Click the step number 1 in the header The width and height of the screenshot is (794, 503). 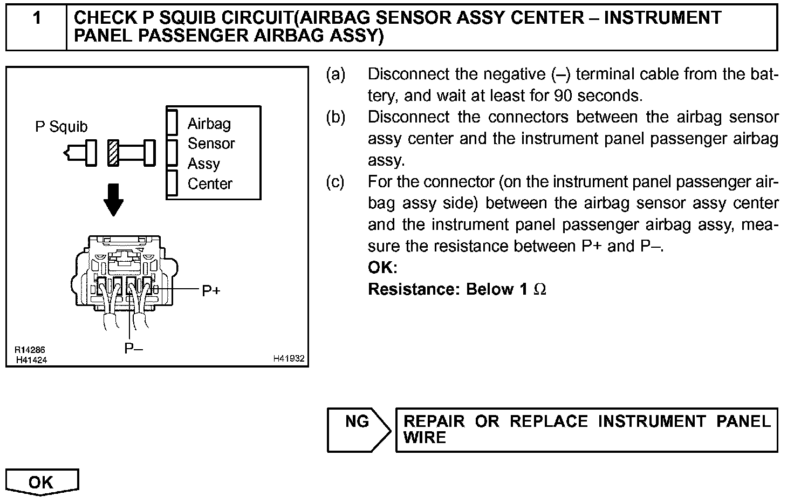tap(36, 18)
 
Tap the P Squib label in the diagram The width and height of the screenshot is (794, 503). tap(61, 127)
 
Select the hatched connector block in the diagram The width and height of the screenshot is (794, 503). tap(113, 153)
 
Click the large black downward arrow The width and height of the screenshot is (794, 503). tap(113, 199)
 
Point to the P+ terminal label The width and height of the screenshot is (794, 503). tap(211, 291)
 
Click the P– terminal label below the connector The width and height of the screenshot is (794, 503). tap(133, 348)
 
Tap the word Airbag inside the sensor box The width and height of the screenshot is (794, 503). tap(209, 124)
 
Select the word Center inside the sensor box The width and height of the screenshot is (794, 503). tap(210, 184)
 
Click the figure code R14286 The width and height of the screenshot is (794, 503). tap(30, 350)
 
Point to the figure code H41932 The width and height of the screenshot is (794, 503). tap(289, 358)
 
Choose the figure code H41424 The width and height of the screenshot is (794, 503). tap(31, 360)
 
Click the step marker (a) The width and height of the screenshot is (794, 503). tap(336, 74)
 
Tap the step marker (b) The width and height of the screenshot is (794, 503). tap(336, 117)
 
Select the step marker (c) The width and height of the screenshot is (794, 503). tap(336, 182)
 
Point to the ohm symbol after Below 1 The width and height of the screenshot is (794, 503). tap(539, 290)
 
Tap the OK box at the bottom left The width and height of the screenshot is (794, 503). tap(42, 481)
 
